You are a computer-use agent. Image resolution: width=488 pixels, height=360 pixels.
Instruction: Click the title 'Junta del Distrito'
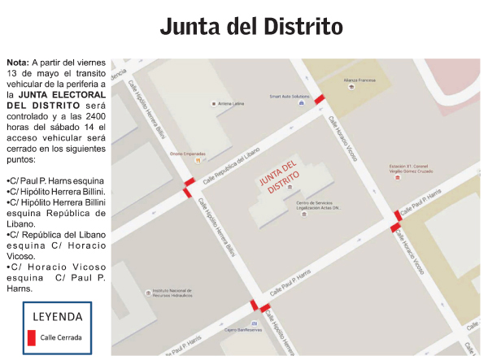click(251, 26)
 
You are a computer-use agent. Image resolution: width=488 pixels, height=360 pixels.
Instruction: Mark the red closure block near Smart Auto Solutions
click(320, 99)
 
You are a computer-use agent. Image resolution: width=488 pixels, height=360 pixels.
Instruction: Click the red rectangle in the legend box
click(32, 337)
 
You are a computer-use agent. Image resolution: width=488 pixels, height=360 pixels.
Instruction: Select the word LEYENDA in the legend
click(57, 316)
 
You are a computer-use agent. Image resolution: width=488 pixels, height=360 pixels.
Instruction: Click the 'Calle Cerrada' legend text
click(62, 337)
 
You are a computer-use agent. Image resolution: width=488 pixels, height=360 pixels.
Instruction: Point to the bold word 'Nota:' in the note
click(17, 63)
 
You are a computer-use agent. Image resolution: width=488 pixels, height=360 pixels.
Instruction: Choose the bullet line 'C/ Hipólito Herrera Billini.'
click(56, 190)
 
